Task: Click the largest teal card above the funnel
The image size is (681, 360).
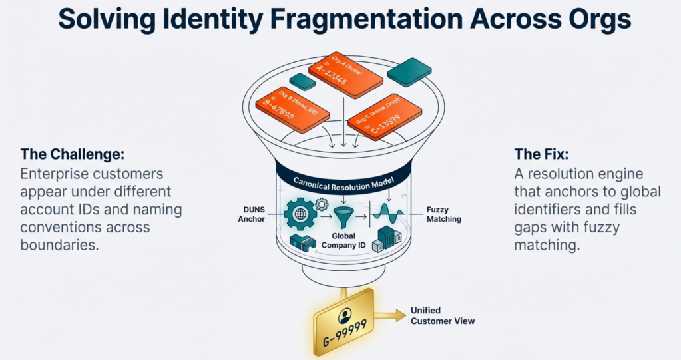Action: point(409,71)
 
